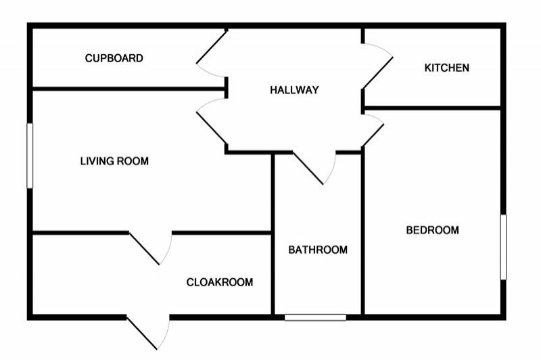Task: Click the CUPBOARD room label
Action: click(x=114, y=58)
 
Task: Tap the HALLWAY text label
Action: click(x=294, y=90)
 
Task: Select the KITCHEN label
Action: click(x=446, y=68)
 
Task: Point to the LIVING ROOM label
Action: click(x=114, y=161)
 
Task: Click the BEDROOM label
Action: click(x=432, y=230)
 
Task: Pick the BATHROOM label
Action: click(x=318, y=250)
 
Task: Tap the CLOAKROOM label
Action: click(x=219, y=282)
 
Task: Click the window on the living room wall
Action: click(x=30, y=156)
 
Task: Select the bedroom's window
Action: click(x=503, y=247)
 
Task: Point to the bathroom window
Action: click(x=315, y=317)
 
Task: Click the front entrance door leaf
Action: click(x=142, y=333)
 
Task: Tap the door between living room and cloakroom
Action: click(x=144, y=248)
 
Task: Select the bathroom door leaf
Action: click(x=308, y=168)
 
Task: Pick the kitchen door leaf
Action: click(x=377, y=73)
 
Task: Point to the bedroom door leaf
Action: click(x=373, y=135)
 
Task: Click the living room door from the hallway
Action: click(x=212, y=129)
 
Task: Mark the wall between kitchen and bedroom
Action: click(x=433, y=108)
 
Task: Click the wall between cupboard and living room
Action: click(x=129, y=89)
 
